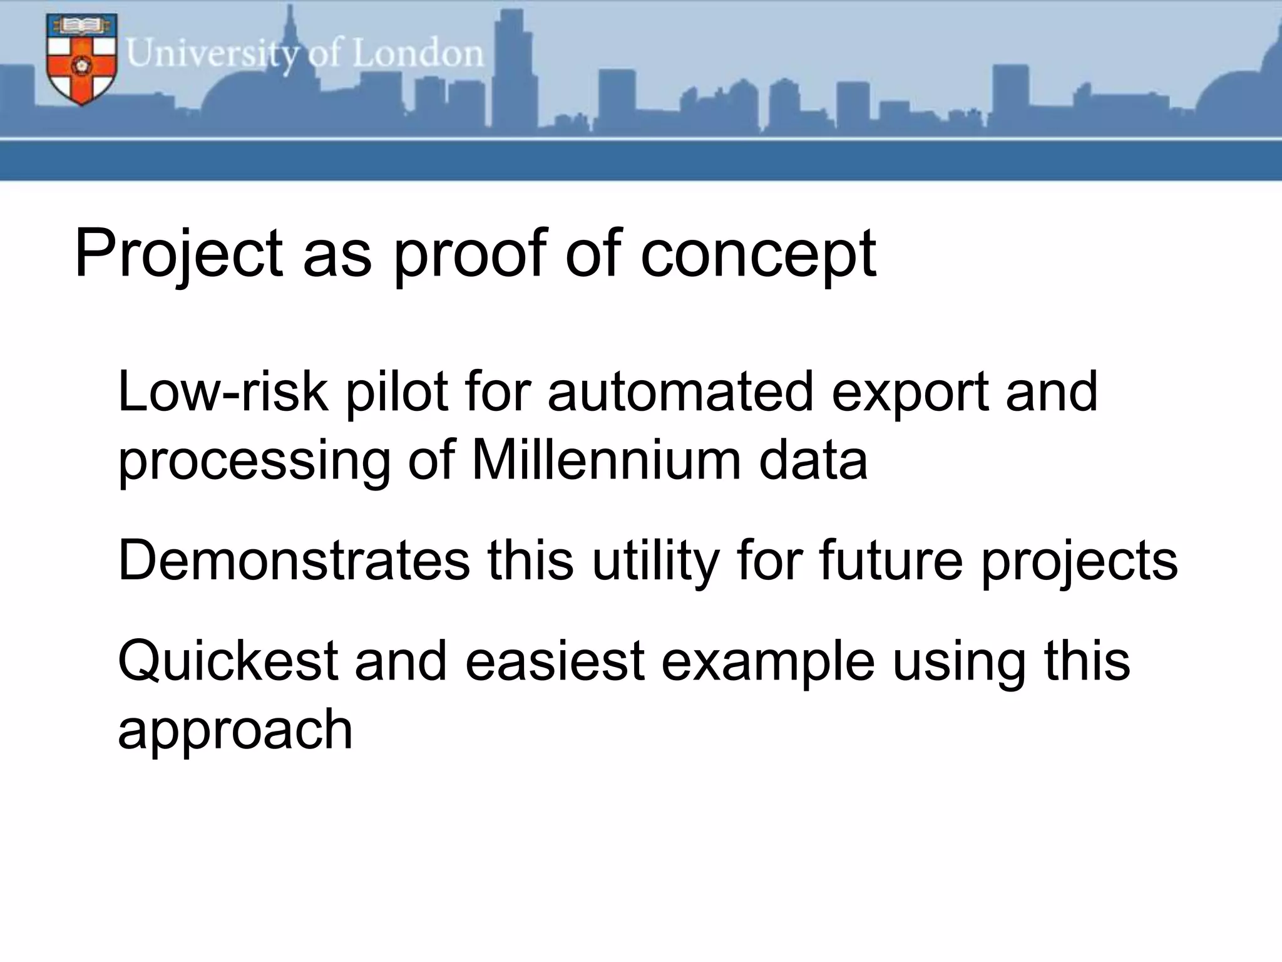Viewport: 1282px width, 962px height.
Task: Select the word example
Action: (x=767, y=663)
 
